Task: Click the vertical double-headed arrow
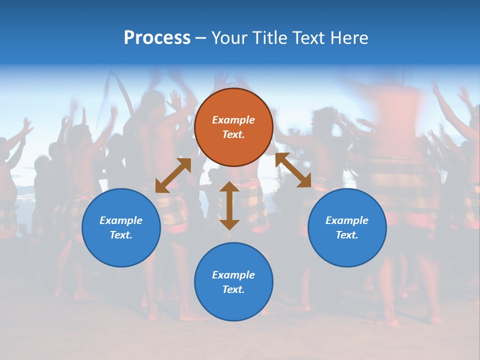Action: point(229,205)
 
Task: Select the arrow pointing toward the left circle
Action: point(173,175)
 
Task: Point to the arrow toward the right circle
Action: point(293,170)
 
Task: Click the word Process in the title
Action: point(157,37)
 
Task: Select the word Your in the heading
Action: point(230,37)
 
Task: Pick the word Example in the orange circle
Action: point(233,120)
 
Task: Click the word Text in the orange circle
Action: point(233,134)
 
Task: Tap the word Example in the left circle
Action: point(121,220)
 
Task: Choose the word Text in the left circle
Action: point(121,235)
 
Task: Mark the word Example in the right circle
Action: point(347,220)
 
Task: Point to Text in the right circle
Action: point(347,235)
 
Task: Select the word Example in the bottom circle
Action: point(233,275)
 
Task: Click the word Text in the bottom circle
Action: point(233,289)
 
